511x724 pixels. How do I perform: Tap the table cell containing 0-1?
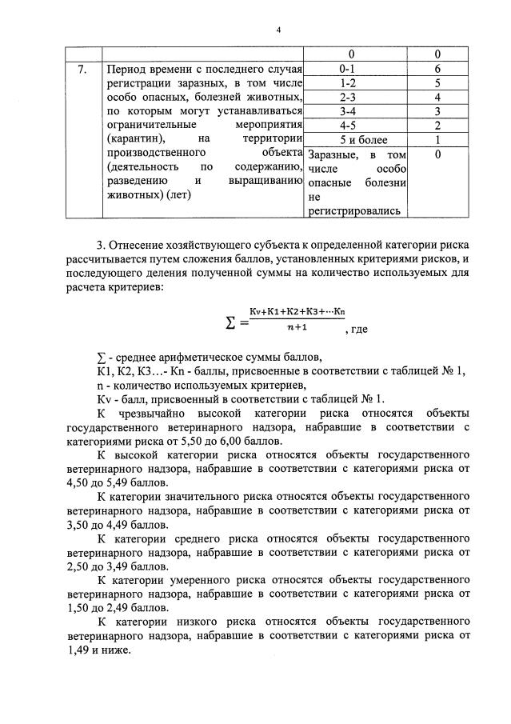pos(346,70)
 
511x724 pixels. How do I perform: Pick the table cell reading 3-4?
pos(346,110)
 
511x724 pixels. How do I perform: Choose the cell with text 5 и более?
pos(346,139)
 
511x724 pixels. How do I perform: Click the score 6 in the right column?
pos(438,70)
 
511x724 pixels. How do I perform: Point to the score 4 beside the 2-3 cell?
pos(438,97)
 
